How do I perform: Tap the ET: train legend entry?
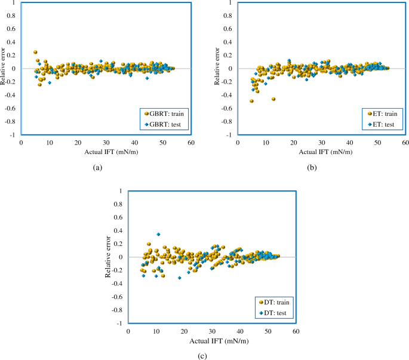click(x=382, y=113)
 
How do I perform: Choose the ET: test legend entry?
click(x=383, y=125)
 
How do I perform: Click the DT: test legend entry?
click(x=275, y=313)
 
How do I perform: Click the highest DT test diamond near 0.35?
click(x=158, y=234)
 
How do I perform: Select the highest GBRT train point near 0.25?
click(x=35, y=52)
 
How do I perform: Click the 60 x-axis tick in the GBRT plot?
click(x=190, y=143)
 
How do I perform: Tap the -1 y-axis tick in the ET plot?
click(x=229, y=136)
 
